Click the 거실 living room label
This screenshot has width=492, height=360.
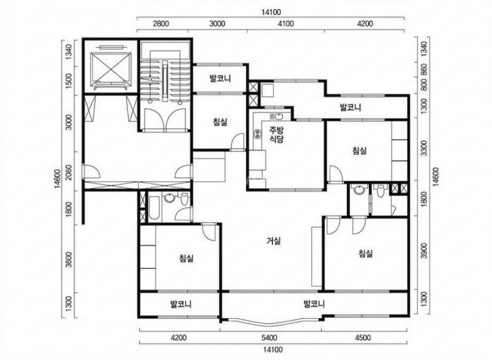273,241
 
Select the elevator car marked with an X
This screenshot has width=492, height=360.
111,69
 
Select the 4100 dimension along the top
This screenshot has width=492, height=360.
286,23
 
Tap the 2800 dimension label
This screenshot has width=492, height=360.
162,23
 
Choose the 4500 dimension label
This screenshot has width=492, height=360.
363,338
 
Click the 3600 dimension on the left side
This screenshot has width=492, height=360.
69,259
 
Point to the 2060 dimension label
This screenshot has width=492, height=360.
69,172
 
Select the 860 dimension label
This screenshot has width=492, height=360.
424,71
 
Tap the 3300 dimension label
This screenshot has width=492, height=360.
424,148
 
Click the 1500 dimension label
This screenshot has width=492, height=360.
69,81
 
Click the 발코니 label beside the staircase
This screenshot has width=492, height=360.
220,78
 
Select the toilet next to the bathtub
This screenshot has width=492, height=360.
184,199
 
